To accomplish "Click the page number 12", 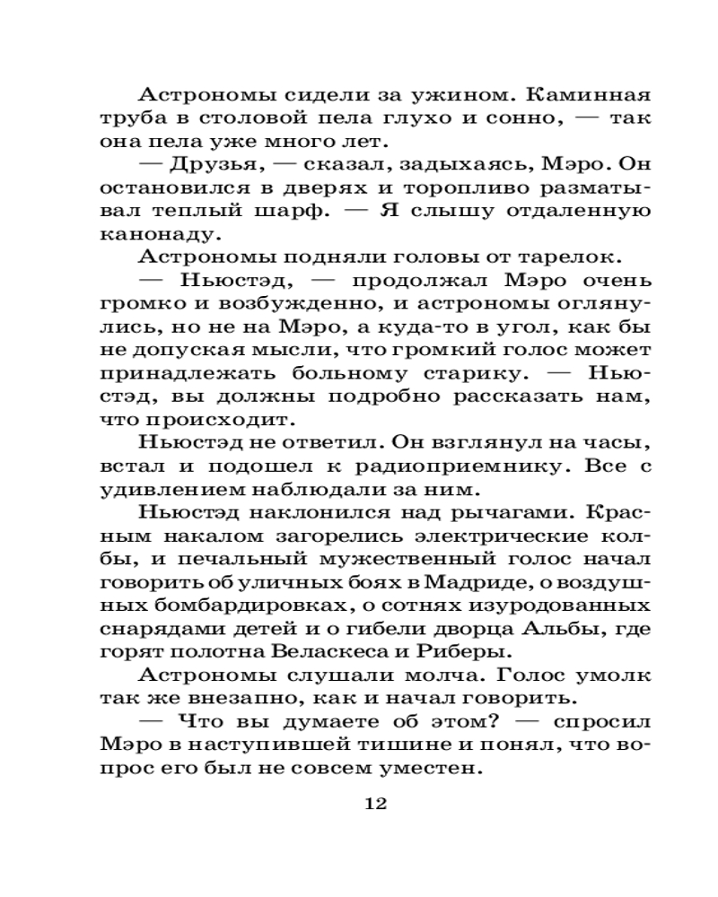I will tap(375, 804).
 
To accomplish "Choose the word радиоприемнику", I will tap(467, 467).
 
